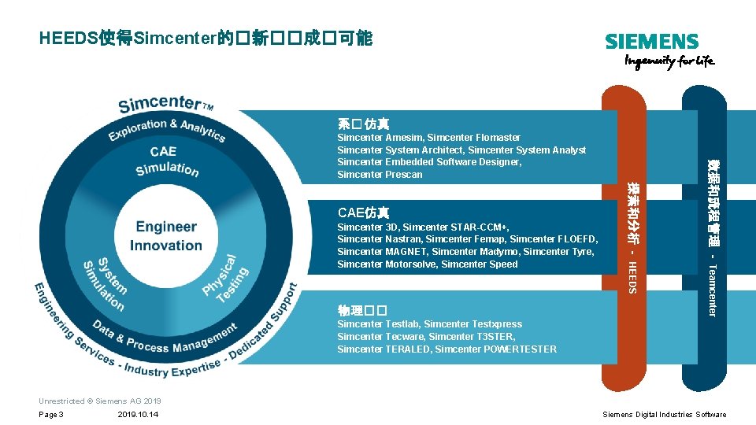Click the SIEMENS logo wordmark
(651, 42)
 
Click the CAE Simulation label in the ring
(165, 160)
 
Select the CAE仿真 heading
(363, 213)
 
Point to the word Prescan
(404, 175)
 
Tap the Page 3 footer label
(51, 415)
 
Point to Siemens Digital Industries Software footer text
(664, 415)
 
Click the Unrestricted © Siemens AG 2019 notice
(99, 401)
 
